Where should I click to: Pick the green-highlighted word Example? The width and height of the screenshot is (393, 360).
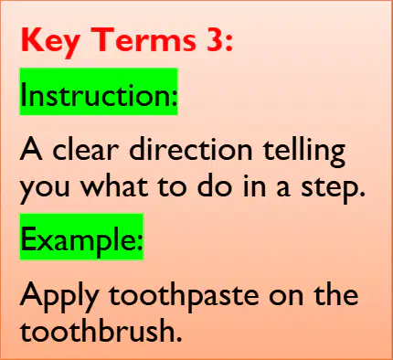(81, 237)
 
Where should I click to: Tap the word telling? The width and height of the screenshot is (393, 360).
(304, 152)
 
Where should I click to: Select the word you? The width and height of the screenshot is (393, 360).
(45, 189)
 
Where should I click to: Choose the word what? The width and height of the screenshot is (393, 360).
(114, 185)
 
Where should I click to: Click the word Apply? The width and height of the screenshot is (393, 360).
(59, 297)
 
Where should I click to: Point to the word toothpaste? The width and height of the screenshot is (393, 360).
(184, 297)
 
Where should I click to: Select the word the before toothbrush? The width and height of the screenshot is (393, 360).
(336, 293)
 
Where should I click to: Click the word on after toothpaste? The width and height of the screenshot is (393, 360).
(286, 296)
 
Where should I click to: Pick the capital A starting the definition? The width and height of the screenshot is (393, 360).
(31, 149)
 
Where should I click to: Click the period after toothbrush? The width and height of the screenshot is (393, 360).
(179, 338)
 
